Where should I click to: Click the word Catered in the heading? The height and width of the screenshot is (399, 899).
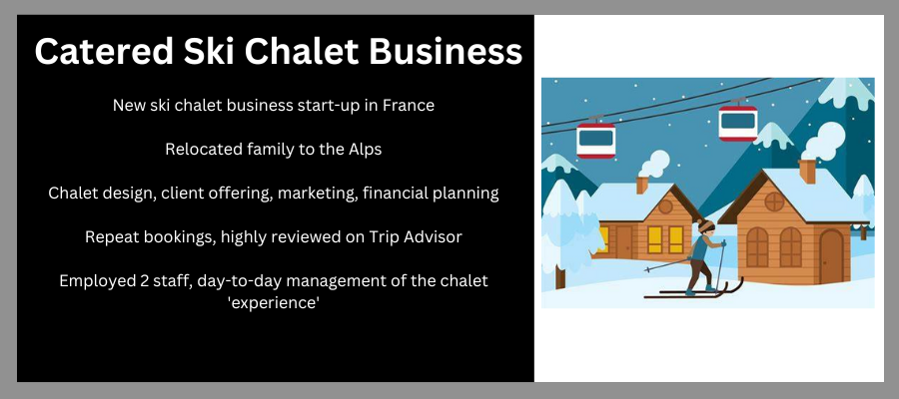(x=104, y=51)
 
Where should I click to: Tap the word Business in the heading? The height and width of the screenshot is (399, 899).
(x=446, y=51)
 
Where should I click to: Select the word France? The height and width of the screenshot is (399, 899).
(x=408, y=106)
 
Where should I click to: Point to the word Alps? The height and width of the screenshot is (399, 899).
(x=365, y=150)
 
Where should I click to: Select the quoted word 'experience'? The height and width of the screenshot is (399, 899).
(x=274, y=303)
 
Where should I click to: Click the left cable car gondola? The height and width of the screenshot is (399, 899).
(x=595, y=139)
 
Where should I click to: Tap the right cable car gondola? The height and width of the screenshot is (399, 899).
(x=738, y=122)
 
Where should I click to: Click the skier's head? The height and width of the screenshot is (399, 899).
(x=705, y=226)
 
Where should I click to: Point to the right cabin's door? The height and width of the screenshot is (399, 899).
(x=831, y=256)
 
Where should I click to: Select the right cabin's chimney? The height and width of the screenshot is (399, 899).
(x=807, y=172)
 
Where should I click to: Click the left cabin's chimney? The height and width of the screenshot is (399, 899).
(x=641, y=185)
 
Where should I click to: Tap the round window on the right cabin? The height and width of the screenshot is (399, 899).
(x=774, y=201)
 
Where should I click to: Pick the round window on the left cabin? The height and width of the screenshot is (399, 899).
(x=665, y=206)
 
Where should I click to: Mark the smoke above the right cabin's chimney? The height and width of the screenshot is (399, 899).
(x=824, y=141)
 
